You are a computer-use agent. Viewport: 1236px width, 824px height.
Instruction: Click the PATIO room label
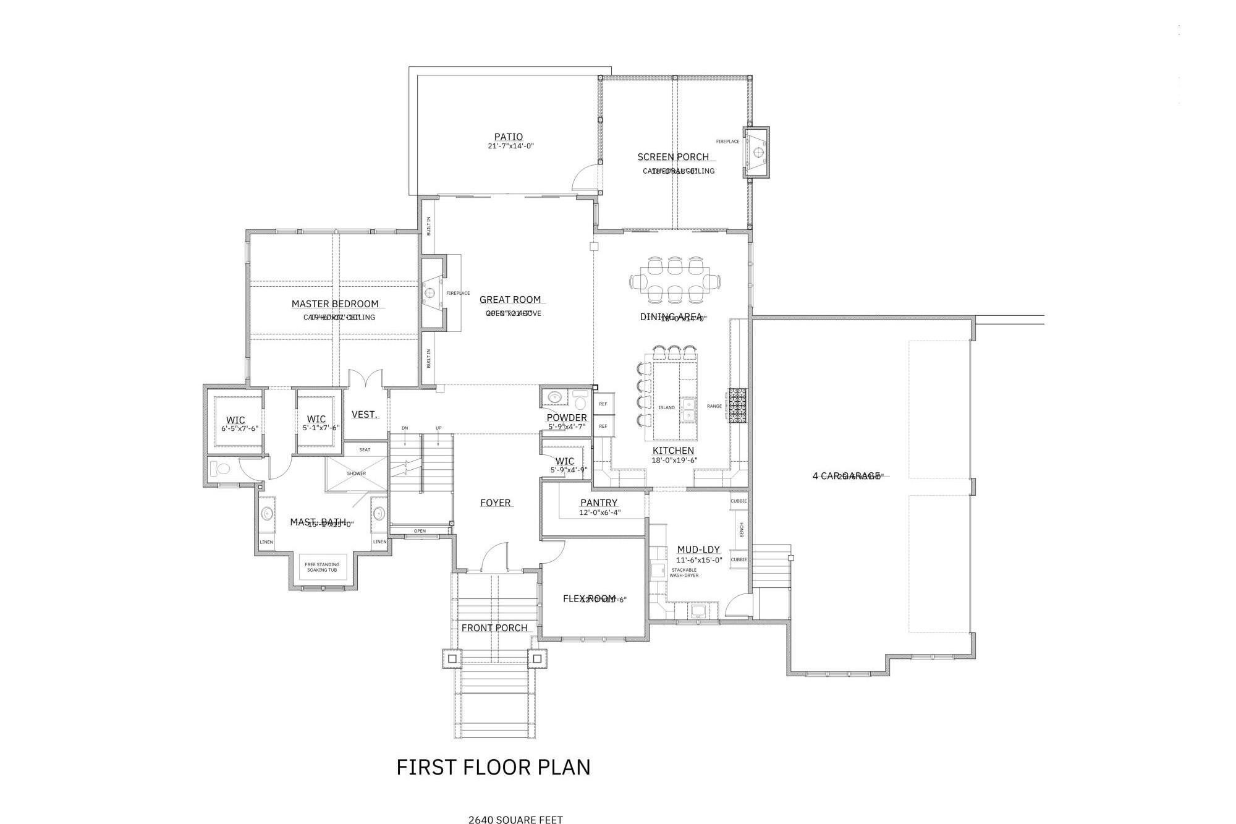(508, 137)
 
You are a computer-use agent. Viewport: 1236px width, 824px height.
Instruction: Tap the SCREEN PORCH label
(673, 157)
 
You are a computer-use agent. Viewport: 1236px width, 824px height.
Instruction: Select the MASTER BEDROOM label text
(335, 304)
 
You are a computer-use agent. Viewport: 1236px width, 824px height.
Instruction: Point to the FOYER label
(496, 503)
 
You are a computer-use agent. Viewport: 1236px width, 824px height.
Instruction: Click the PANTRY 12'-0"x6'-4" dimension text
(599, 512)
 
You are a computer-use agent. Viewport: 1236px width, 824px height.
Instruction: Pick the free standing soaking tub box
(323, 567)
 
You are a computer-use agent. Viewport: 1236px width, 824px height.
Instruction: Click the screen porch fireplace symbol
(758, 152)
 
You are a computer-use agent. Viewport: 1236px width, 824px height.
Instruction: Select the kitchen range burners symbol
(737, 406)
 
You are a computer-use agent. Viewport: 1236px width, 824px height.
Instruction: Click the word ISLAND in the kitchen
(667, 408)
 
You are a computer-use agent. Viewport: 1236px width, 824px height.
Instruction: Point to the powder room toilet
(580, 403)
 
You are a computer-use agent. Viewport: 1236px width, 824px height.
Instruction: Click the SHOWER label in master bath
(357, 474)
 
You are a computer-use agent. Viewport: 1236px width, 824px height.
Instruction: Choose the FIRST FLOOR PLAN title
(493, 767)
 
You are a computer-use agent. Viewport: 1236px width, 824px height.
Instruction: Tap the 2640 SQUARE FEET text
(515, 820)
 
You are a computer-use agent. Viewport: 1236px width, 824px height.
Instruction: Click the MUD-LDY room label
(698, 550)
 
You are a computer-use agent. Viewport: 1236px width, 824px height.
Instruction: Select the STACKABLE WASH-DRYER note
(684, 572)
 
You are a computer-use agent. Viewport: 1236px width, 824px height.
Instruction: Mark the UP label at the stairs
(438, 428)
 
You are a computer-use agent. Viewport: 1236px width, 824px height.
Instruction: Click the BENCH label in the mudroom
(742, 530)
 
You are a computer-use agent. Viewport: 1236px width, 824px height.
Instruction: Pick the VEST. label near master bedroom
(364, 415)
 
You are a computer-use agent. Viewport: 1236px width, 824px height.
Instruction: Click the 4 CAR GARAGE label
(846, 475)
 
